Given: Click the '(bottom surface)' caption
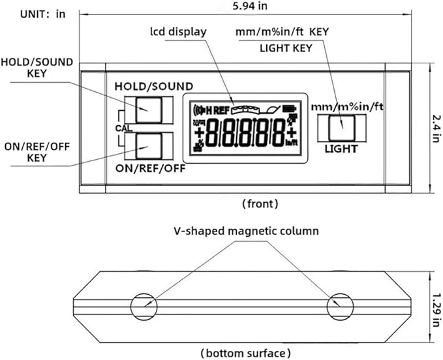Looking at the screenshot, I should pyautogui.click(x=247, y=353).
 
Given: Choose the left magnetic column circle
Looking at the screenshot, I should pyautogui.click(x=142, y=305).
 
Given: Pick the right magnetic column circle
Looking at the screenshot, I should pyautogui.click(x=339, y=305).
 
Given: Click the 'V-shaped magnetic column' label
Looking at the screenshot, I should pyautogui.click(x=246, y=231).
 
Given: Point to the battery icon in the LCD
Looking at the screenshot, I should pyautogui.click(x=288, y=109).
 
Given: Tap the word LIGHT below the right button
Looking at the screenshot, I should pyautogui.click(x=341, y=149).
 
